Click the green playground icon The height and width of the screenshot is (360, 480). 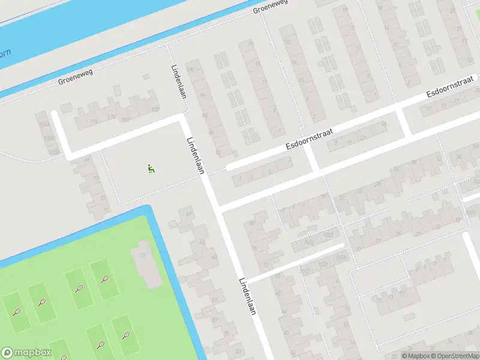pyautogui.click(x=151, y=169)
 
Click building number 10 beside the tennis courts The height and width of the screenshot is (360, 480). pyautogui.click(x=143, y=256)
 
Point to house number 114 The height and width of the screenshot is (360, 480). pyautogui.click(x=94, y=121)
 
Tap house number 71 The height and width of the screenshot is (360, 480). pyautogui.click(x=106, y=209)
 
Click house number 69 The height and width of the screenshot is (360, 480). pyautogui.click(x=190, y=214)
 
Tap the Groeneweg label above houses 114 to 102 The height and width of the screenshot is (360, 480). pyautogui.click(x=74, y=80)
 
